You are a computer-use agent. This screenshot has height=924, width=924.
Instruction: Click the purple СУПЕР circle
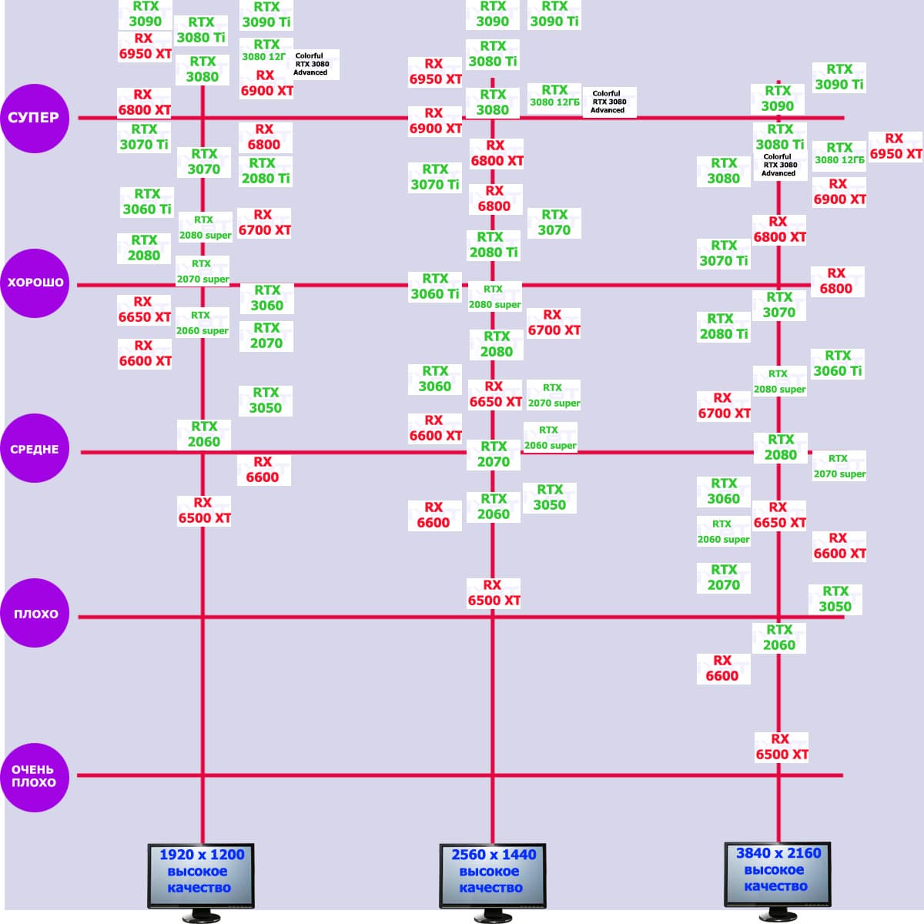point(35,118)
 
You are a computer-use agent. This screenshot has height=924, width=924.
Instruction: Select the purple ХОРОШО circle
point(35,283)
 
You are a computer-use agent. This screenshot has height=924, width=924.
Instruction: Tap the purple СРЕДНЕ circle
point(35,449)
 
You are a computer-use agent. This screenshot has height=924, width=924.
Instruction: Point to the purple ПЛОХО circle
point(35,614)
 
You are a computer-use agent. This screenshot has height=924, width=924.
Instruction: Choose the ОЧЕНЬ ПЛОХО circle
point(35,776)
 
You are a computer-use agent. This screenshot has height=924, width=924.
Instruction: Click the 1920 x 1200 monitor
point(201,874)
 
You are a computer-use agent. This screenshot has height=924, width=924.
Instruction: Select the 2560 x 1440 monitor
point(492,874)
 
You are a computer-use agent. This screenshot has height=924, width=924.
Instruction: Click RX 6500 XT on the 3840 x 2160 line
point(782,747)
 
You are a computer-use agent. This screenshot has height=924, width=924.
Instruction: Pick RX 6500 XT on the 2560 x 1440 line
point(494,593)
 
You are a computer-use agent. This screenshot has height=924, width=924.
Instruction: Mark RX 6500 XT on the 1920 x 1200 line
point(204,511)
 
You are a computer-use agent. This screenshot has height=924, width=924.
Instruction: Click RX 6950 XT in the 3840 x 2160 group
point(896,146)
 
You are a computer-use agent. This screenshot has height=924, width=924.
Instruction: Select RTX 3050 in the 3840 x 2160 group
point(835,599)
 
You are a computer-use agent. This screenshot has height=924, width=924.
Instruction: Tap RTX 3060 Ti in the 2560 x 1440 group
point(435,286)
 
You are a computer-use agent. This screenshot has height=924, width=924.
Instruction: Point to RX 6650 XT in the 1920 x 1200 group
point(145,310)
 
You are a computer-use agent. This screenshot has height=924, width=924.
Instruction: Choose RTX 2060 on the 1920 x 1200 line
point(204,434)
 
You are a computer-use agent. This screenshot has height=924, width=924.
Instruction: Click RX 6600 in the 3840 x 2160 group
point(722,668)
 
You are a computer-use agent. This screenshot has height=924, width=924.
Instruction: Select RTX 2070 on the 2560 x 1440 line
point(493,454)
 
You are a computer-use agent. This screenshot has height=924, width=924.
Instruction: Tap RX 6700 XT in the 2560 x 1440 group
point(554,323)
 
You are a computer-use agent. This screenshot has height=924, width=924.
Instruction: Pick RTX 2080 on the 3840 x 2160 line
point(781,447)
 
